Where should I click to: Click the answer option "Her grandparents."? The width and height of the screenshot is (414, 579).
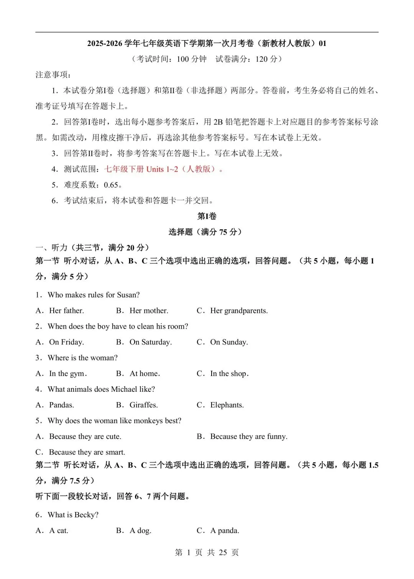tap(239, 311)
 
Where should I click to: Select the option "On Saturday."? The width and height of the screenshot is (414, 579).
tap(150, 342)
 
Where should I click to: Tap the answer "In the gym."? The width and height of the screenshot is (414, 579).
tap(68, 373)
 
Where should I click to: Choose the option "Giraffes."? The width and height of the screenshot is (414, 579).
tap(143, 405)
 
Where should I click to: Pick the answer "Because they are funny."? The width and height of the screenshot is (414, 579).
tap(248, 436)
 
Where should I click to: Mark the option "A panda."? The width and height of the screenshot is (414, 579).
tap(225, 530)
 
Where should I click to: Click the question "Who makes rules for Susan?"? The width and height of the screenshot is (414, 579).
tap(94, 295)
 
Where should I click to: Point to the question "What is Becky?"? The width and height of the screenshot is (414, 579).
tap(73, 515)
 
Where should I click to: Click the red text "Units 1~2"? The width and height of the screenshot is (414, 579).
tap(162, 169)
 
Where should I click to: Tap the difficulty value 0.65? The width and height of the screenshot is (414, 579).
tap(111, 185)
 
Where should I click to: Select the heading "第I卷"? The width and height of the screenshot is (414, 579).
tap(207, 216)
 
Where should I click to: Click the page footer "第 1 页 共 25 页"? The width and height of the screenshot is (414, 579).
tap(207, 552)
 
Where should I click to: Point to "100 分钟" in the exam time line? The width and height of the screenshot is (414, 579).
tap(191, 59)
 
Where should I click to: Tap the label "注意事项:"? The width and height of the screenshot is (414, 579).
tap(53, 75)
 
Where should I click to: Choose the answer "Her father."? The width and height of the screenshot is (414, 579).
tap(66, 311)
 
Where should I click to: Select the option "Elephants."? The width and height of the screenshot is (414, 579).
tap(227, 405)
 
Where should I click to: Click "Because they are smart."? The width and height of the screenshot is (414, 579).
tap(87, 452)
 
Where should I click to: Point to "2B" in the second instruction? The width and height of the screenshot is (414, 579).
tap(218, 122)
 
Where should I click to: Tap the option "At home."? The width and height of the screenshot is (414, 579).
tap(145, 373)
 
